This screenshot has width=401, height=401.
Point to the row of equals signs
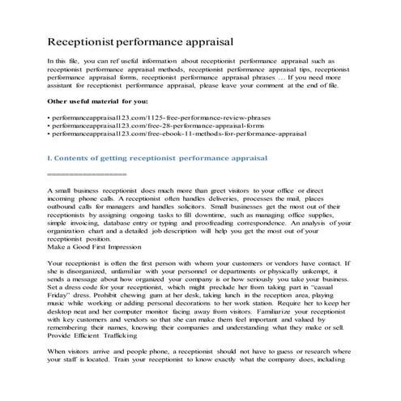[x=87, y=173]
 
